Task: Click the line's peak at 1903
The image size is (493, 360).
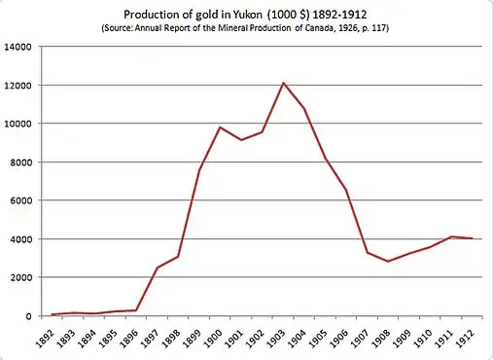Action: (x=283, y=83)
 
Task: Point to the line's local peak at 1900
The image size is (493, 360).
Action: (x=220, y=127)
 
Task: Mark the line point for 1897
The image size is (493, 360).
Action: (x=157, y=268)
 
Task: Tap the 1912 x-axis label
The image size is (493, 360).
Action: (x=469, y=339)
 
